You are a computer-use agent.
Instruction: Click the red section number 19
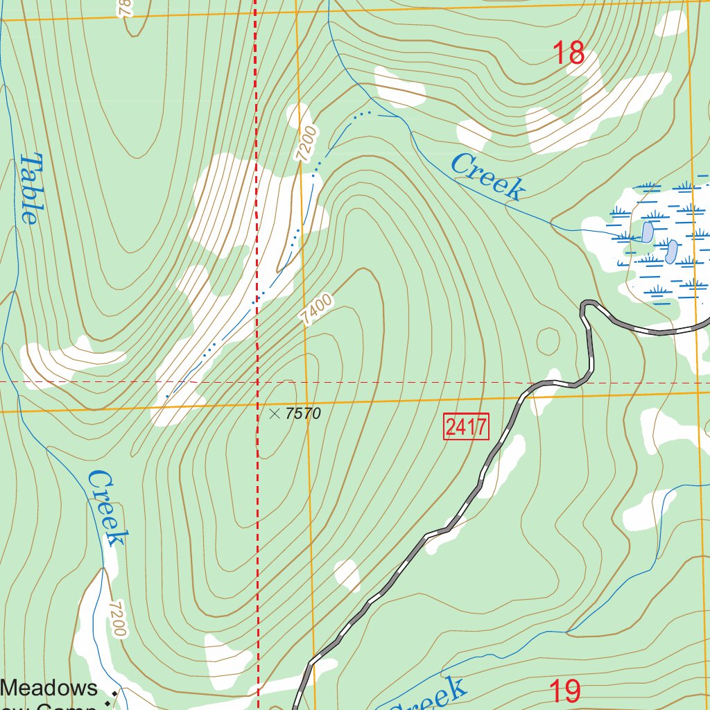pyautogui.click(x=564, y=691)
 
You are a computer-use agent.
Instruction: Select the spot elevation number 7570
pyautogui.click(x=303, y=414)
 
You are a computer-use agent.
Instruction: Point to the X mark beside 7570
pyautogui.click(x=274, y=414)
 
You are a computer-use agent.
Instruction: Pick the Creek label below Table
pyautogui.click(x=108, y=508)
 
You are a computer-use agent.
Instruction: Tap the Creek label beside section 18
pyautogui.click(x=487, y=177)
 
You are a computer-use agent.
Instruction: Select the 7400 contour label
pyautogui.click(x=317, y=309)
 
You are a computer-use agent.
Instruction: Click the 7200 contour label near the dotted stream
pyautogui.click(x=306, y=144)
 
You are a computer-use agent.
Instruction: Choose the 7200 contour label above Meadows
pyautogui.click(x=118, y=618)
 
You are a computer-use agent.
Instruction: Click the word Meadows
pyautogui.click(x=50, y=688)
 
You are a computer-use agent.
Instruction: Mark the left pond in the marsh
pyautogui.click(x=648, y=232)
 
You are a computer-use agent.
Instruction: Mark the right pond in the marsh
pyautogui.click(x=671, y=251)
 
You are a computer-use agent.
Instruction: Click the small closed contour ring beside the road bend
pyautogui.click(x=548, y=340)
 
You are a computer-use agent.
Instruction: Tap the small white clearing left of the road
pyautogui.click(x=347, y=575)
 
